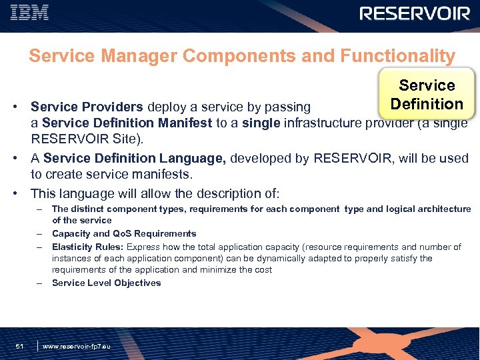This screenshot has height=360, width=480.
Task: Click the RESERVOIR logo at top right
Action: (415, 14)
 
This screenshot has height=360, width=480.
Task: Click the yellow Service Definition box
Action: (427, 95)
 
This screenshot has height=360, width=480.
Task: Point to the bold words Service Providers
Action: (87, 107)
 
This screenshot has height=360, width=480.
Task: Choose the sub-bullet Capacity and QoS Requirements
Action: (124, 233)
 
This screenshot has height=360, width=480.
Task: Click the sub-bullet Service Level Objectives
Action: (106, 283)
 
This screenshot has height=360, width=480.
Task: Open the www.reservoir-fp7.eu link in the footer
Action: (76, 346)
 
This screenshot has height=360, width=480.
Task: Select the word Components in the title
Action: (239, 56)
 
